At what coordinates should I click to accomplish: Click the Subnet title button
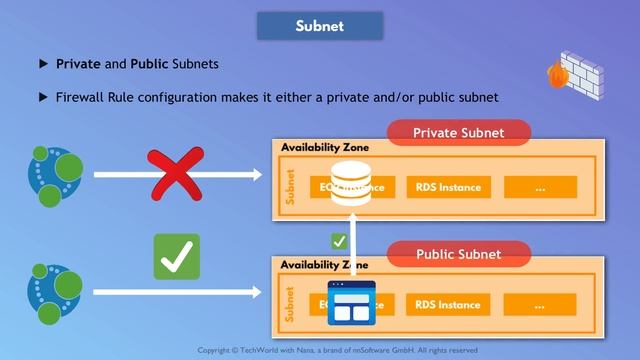click(320, 26)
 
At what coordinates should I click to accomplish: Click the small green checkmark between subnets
click(339, 241)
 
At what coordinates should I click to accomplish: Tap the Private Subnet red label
click(458, 133)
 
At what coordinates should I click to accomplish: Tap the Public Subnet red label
click(458, 254)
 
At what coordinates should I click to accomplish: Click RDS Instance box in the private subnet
click(447, 187)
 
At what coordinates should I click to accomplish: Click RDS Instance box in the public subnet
click(447, 305)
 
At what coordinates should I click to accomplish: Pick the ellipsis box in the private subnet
click(540, 187)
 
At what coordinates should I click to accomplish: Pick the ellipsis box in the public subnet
click(540, 305)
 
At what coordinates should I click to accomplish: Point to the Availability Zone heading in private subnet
click(325, 148)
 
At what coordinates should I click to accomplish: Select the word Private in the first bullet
click(78, 64)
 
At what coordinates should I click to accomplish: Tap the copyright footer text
click(337, 350)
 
